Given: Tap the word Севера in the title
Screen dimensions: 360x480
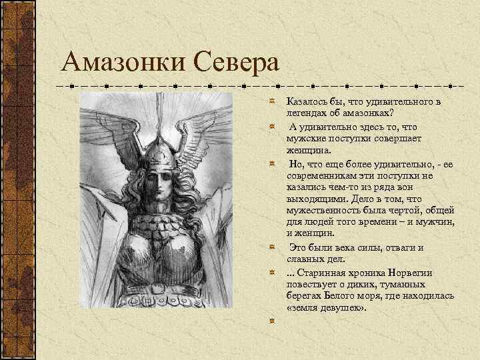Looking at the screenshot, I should (237, 64).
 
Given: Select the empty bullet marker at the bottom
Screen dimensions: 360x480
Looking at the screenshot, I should (273, 320).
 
